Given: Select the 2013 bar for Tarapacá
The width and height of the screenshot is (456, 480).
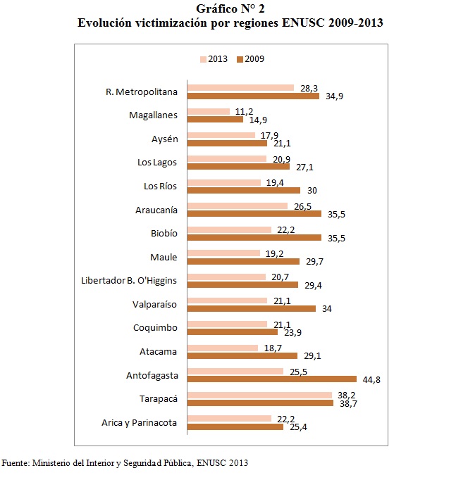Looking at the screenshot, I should click(260, 395).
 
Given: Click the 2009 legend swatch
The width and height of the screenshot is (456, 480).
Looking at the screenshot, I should click(240, 58).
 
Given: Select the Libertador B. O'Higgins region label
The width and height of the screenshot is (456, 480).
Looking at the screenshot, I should click(130, 281).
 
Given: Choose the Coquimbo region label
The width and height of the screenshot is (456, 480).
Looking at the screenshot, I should click(155, 328).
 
